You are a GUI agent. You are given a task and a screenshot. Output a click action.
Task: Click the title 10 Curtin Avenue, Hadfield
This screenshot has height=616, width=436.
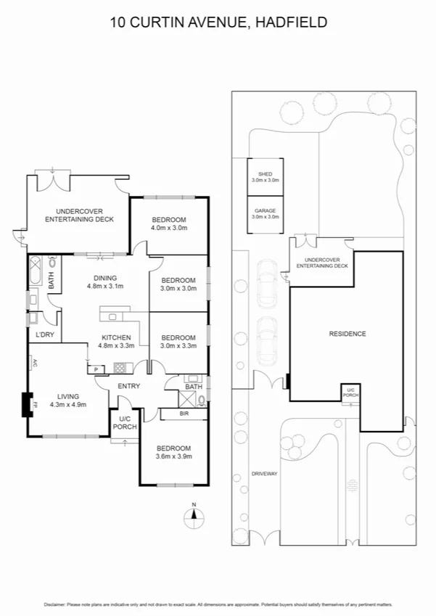point(218,22)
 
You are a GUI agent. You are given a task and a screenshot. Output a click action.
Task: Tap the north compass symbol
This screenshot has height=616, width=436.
point(194,516)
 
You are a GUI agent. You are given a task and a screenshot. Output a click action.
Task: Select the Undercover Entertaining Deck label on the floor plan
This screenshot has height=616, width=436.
point(78,214)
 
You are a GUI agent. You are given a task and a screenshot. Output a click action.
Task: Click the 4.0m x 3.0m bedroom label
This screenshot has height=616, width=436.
point(169,224)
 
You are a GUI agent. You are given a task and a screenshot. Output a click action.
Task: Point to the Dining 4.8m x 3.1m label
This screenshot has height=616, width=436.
point(104,282)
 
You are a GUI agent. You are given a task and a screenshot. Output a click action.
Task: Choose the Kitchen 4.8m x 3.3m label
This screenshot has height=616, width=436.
point(116,342)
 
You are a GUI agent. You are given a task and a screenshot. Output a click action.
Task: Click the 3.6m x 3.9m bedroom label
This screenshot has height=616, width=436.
point(173,452)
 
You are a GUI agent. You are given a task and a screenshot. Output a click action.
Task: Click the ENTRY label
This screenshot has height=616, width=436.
point(128,386)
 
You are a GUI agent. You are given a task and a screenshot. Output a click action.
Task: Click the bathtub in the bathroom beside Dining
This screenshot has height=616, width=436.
point(36,276)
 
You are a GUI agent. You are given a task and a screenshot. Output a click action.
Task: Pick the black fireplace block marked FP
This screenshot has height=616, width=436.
point(28,403)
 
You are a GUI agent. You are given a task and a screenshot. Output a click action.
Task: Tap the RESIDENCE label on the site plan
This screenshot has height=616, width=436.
point(347,334)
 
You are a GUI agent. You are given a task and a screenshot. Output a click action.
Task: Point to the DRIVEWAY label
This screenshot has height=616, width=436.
point(264,473)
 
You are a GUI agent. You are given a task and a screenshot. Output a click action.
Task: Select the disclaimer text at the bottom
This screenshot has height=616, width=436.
point(218,604)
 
